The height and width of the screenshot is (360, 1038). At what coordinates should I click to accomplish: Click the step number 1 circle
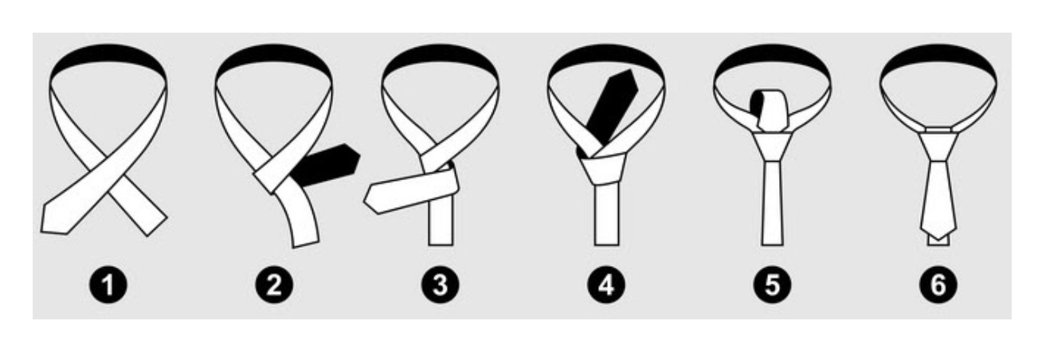(108, 284)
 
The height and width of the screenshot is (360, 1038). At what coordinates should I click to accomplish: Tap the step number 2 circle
(274, 284)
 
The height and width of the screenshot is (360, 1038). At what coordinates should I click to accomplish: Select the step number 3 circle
(441, 284)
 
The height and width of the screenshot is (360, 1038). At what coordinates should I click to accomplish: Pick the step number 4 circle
(606, 284)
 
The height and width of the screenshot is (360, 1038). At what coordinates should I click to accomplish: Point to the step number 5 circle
(772, 284)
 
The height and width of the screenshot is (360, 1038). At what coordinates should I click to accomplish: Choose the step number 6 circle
(938, 284)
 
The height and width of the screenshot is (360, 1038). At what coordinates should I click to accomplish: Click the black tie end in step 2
(327, 165)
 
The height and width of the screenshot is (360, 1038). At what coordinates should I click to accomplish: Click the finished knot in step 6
(938, 146)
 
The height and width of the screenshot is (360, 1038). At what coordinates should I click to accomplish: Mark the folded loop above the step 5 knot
(770, 110)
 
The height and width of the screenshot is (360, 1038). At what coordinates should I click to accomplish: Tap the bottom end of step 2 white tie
(306, 243)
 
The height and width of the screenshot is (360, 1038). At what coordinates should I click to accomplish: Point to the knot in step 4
(602, 168)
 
